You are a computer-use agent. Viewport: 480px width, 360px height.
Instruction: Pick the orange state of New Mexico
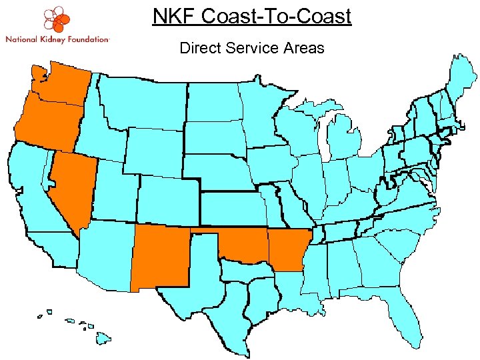(x=160, y=257)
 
